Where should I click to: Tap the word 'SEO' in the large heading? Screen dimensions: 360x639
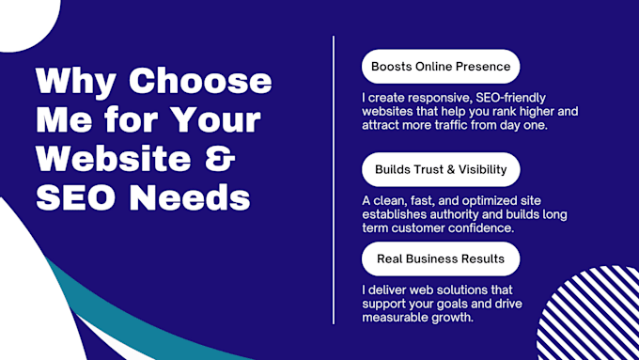(x=75, y=198)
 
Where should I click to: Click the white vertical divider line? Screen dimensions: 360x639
(x=335, y=179)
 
